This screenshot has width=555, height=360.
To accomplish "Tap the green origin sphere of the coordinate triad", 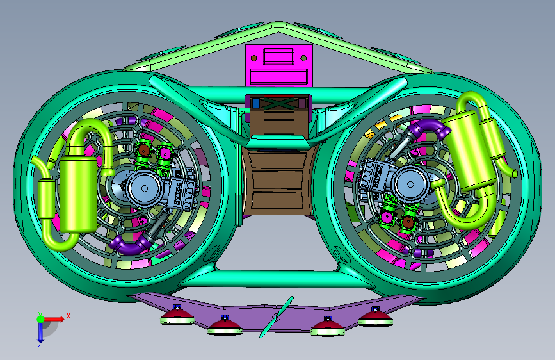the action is (40, 319).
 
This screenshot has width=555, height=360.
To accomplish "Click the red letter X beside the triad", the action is (68, 316).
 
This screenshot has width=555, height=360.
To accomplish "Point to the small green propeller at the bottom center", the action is (277, 317).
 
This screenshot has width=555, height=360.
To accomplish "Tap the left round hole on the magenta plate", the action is (253, 58).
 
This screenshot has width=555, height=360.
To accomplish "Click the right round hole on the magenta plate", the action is (303, 58).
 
